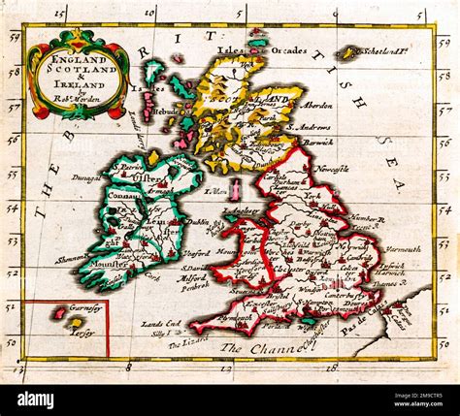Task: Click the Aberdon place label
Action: click(x=317, y=105)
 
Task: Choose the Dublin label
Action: click(x=196, y=221)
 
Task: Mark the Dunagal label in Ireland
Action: click(x=85, y=178)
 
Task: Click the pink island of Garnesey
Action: click(x=60, y=313)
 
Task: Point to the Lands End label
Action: click(x=159, y=324)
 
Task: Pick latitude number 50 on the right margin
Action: click(x=445, y=341)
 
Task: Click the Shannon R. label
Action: click(x=75, y=258)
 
